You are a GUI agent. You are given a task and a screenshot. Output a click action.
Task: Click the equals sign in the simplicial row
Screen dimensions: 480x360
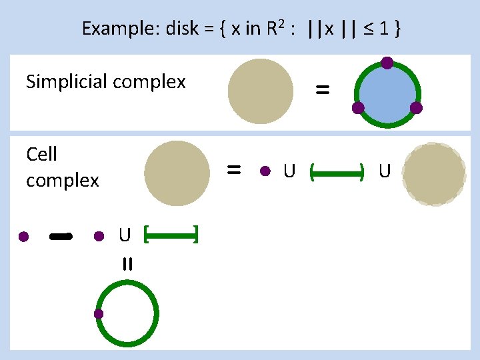[322, 91]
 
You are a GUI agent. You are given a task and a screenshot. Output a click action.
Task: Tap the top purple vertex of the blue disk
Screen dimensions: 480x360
[387, 63]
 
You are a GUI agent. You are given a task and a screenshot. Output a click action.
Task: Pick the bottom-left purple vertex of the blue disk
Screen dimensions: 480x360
[358, 108]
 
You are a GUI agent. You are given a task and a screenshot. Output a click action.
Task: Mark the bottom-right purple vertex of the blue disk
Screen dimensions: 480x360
[416, 107]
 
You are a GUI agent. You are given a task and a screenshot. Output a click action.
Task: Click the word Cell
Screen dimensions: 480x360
[42, 155]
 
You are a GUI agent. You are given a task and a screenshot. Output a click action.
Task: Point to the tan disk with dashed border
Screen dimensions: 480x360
[434, 174]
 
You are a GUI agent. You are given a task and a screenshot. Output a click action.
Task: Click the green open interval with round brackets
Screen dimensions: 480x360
[337, 174]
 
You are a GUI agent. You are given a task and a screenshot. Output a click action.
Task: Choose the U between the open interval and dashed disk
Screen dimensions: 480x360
[385, 172]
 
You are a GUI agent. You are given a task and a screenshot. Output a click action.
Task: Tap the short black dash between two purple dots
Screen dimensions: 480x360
[61, 236]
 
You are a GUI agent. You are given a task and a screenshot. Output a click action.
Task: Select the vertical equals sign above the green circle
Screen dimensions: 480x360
[127, 264]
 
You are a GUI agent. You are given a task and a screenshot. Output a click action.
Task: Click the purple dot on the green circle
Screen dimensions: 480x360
[99, 313]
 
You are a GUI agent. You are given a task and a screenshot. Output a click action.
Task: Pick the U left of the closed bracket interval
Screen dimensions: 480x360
[125, 235]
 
